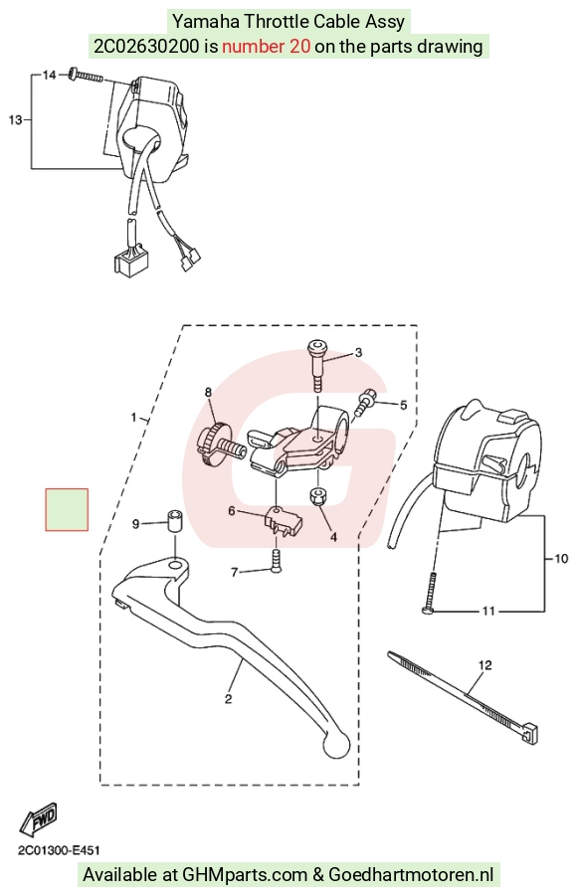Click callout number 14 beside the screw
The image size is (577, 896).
pos(50,75)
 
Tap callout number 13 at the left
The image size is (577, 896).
pos(16,120)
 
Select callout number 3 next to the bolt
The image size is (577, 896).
pos(358,353)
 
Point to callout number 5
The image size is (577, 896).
pos(403,405)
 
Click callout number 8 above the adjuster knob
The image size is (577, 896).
pos(208,392)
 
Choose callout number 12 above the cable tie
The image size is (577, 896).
pos(484,665)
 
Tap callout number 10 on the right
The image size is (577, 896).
pos(561,558)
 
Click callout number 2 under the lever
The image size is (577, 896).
pos(228,699)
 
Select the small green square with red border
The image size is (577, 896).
pos(67,510)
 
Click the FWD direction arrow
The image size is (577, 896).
pos(39,819)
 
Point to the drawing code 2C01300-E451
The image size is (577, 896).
pos(59,851)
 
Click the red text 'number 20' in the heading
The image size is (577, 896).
pos(266,47)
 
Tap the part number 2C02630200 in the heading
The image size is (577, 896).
pos(147,47)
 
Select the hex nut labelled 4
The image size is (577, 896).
pos(318,496)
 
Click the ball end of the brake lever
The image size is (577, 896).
pos(336,745)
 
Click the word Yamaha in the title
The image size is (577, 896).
pos(207,22)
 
